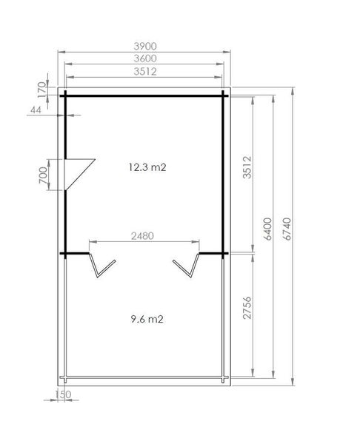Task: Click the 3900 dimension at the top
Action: click(x=145, y=45)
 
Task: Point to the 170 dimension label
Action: click(x=41, y=88)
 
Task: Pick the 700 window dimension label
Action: click(x=42, y=175)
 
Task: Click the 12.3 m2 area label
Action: click(x=145, y=167)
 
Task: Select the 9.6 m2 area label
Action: click(x=145, y=320)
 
